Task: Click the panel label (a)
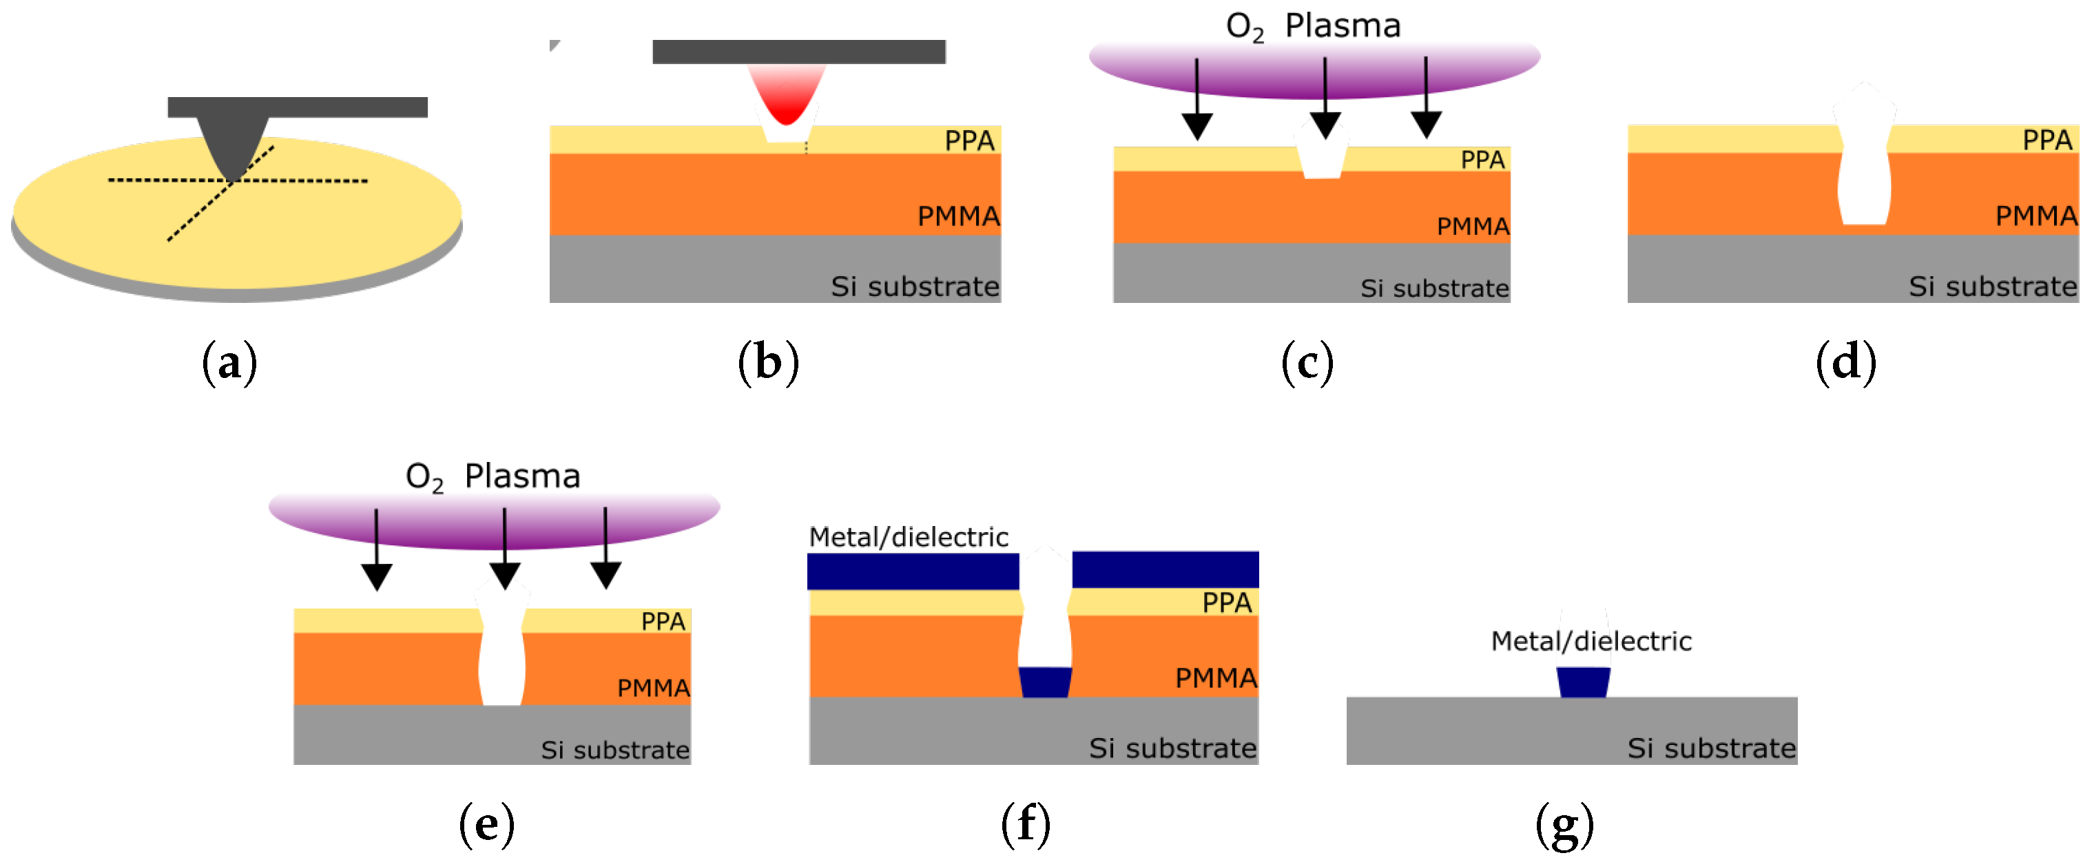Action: pos(230,362)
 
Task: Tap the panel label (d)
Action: pos(1845,362)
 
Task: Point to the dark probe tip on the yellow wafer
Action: pos(233,146)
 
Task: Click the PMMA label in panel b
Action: pos(958,216)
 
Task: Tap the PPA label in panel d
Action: pos(2047,140)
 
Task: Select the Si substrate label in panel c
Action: pos(1434,288)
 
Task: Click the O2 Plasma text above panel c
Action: pos(1312,26)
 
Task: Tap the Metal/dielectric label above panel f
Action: pos(908,536)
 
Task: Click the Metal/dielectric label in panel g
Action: pos(1591,641)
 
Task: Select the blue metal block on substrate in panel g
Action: pos(1583,682)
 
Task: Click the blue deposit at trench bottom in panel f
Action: pos(1045,682)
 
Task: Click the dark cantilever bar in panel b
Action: pos(798,51)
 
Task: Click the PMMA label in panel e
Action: pos(653,688)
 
